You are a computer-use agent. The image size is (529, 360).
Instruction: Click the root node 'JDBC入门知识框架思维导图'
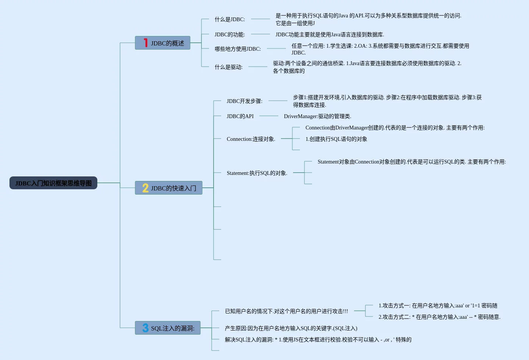coord(53,183)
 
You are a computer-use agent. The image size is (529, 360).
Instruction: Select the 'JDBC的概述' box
coord(162,43)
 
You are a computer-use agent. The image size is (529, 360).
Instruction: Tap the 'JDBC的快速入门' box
coord(169,188)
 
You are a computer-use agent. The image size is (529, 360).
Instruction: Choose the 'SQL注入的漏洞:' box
coord(168,328)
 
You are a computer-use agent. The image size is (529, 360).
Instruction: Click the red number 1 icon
coord(146,43)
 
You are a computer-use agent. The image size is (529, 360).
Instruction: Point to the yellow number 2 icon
coord(145,188)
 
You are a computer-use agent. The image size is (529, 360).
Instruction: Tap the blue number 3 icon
coord(145,328)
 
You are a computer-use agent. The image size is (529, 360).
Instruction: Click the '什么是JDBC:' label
coord(230,19)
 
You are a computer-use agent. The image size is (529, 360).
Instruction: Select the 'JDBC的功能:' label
coord(230,34)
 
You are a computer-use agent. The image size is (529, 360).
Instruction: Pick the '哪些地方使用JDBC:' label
coord(238,49)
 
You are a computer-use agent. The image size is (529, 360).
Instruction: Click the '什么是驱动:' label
coord(229,67)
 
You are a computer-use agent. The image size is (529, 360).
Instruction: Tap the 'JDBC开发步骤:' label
coord(244,101)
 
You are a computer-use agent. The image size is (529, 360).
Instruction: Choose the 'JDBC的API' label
coord(240,116)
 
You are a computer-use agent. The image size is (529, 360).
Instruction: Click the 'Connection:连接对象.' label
coord(251,139)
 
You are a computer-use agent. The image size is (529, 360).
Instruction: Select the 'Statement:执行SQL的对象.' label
coord(257,173)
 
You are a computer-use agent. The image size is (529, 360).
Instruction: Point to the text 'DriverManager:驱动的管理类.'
coord(318,116)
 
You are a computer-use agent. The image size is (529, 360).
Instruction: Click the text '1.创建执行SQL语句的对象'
coord(336,139)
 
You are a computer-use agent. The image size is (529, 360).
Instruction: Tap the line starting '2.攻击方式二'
coord(440,317)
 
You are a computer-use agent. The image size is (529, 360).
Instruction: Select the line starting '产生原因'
coord(291,328)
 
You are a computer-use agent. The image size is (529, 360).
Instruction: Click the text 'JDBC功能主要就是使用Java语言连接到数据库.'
coord(330,34)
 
